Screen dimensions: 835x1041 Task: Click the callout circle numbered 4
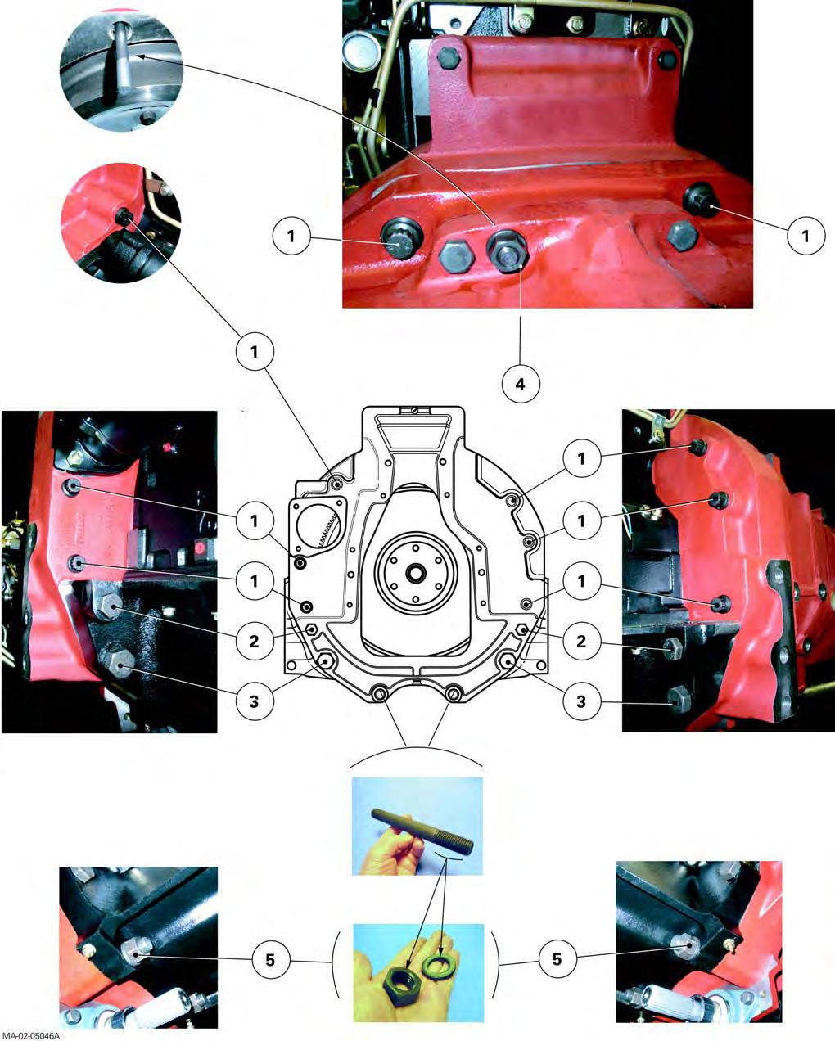click(x=521, y=384)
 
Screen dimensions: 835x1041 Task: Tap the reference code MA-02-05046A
click(x=30, y=1035)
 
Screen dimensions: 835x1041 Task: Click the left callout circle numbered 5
click(x=271, y=959)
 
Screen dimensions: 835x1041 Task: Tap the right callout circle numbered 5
click(x=557, y=958)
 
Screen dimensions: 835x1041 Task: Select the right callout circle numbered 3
click(x=582, y=701)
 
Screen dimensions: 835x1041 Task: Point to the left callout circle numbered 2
click(x=255, y=642)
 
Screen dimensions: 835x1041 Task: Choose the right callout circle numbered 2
click(x=582, y=642)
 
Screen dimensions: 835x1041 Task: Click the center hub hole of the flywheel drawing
click(x=416, y=573)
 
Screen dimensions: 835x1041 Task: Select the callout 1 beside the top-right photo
click(x=806, y=236)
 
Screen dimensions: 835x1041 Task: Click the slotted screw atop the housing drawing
click(x=416, y=411)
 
